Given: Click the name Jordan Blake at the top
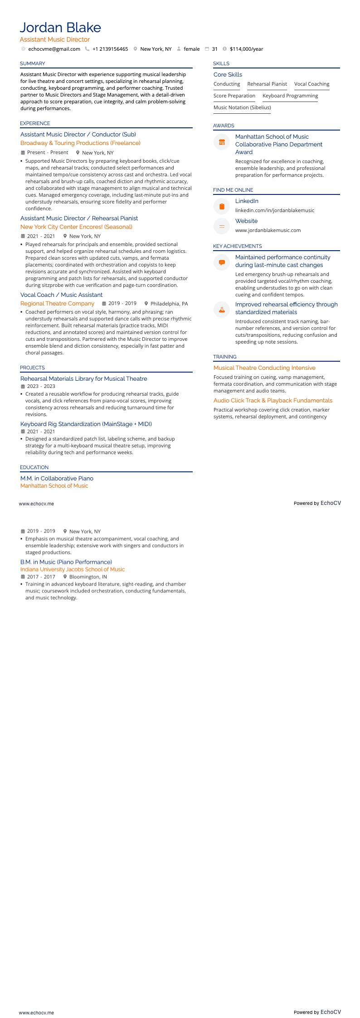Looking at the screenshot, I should click(x=60, y=28).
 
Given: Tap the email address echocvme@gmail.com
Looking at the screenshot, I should click(x=54, y=49).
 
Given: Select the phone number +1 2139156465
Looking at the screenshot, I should click(x=110, y=49).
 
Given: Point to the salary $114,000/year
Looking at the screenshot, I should click(x=246, y=49).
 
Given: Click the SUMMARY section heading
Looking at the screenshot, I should click(x=33, y=63).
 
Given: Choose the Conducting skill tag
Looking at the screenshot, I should click(x=227, y=84).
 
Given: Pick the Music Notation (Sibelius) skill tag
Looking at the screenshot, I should click(x=242, y=107).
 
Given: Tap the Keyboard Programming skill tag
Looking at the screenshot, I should click(x=290, y=96).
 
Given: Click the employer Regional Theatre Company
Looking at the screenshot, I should click(x=57, y=304).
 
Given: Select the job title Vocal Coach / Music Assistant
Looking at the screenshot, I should click(x=61, y=295).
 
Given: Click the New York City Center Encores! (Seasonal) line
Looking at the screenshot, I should click(x=76, y=227).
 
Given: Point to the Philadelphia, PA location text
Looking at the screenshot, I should click(x=169, y=304).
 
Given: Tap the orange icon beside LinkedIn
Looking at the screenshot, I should click(x=222, y=206).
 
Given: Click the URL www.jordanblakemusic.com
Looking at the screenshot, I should click(x=268, y=230).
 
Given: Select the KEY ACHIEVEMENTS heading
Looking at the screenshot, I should click(x=237, y=246).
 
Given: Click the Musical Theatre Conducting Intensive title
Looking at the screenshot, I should click(x=264, y=368).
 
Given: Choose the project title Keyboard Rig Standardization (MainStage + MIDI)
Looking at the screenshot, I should click(x=86, y=424).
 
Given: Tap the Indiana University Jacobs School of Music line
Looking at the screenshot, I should click(x=73, y=569).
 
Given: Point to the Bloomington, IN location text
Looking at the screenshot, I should click(x=88, y=577).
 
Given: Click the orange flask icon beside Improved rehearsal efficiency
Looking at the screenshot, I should click(x=222, y=310).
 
